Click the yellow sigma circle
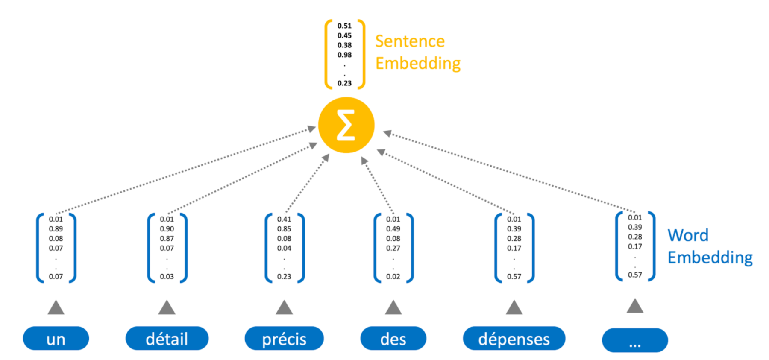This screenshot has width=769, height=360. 346,125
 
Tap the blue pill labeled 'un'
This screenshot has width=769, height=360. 56,338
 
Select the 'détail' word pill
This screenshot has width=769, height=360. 167,338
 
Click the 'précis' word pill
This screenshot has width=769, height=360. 284,338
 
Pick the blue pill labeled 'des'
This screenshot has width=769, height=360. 393,338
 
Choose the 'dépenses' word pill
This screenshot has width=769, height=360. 514,338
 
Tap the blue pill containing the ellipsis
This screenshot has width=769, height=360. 635,340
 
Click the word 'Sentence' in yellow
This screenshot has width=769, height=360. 410,41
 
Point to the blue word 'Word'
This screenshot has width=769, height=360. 688,235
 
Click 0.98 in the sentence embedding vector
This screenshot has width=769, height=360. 344,55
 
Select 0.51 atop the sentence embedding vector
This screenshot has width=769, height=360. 344,26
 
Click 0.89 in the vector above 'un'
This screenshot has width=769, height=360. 56,229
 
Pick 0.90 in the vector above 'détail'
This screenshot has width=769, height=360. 167,229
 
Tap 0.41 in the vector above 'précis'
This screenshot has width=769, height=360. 284,219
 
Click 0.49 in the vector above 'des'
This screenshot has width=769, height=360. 393,229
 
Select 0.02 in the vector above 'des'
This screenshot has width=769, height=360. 393,276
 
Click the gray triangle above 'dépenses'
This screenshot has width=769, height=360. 514,307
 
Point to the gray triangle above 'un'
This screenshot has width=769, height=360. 56,307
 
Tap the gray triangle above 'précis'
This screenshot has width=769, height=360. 284,307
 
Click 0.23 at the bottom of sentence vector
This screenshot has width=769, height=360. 344,83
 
